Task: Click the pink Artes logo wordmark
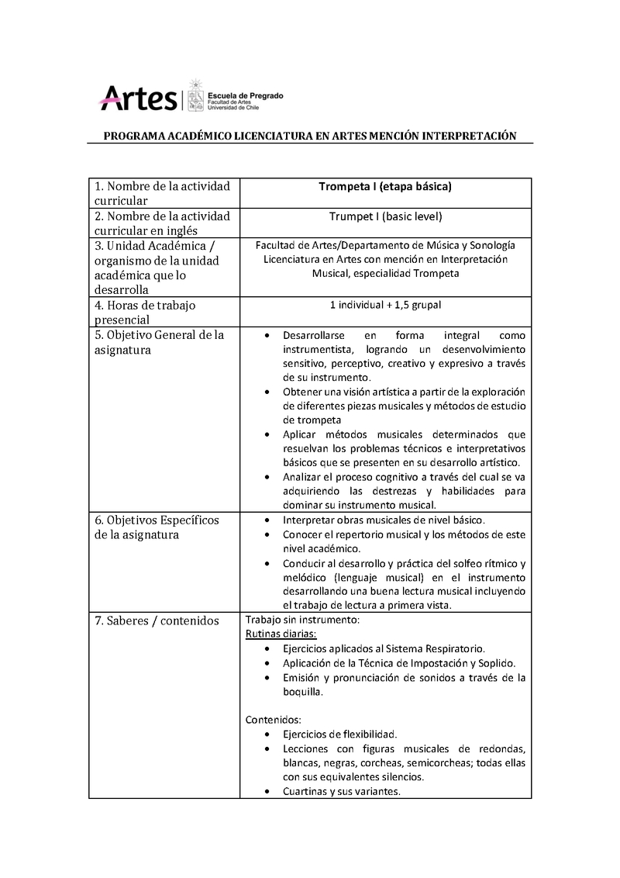click(139, 98)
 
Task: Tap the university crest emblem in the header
click(195, 97)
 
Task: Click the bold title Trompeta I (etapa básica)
click(385, 187)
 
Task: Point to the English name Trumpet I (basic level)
click(385, 216)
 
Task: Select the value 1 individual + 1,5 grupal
click(385, 305)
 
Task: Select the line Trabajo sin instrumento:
click(301, 620)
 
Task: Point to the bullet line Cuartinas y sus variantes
click(341, 792)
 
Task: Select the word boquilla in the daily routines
click(303, 691)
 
